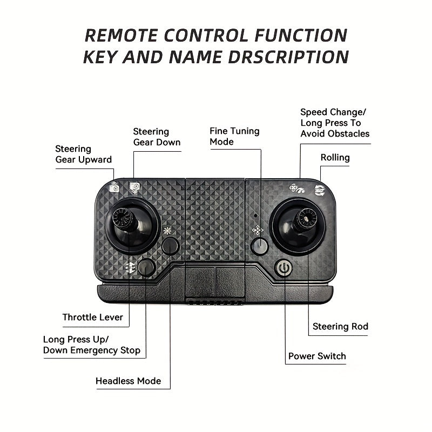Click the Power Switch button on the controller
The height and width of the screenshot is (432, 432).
(283, 267)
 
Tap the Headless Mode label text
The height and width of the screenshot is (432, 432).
(128, 381)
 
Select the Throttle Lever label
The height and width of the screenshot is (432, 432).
(92, 317)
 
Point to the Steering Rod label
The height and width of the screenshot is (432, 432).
(340, 327)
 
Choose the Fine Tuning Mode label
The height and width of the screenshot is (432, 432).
(234, 137)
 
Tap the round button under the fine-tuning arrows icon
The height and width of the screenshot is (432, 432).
(259, 246)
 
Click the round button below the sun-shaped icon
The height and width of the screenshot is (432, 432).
(170, 246)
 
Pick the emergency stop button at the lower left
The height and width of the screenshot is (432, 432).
(146, 267)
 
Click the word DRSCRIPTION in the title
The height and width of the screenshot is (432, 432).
(288, 57)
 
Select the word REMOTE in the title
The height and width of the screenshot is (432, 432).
(121, 36)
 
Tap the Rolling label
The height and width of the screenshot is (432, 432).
(335, 158)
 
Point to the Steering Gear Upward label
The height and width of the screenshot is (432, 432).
(84, 154)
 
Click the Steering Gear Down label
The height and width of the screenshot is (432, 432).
(157, 137)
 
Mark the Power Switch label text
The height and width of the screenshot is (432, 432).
(317, 356)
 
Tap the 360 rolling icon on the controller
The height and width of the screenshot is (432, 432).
(320, 190)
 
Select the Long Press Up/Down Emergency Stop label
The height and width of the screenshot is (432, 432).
(92, 345)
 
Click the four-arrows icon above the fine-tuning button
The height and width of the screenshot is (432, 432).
(258, 230)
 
